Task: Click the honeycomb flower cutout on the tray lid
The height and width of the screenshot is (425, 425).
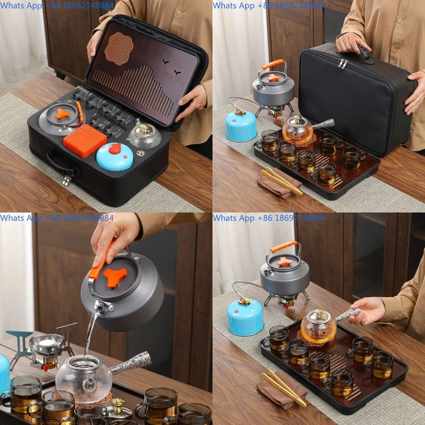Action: (x=119, y=48)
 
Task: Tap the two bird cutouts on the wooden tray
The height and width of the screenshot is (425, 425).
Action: (x=170, y=67)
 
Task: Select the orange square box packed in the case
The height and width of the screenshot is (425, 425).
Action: (x=85, y=140)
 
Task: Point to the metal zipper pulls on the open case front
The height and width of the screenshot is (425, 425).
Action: (x=66, y=180)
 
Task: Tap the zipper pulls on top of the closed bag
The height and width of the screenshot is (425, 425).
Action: (x=343, y=64)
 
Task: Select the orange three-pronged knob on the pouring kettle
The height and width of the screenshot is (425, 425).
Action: (x=114, y=277)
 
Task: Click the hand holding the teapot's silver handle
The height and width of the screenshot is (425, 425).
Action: (x=367, y=310)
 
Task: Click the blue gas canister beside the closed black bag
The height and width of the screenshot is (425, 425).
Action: (x=241, y=125)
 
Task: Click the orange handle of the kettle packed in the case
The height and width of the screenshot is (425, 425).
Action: (x=79, y=112)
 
